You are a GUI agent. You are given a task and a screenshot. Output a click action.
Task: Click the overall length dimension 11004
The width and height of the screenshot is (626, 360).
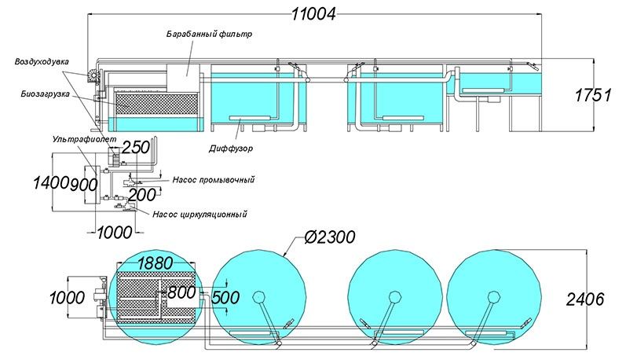[313, 14]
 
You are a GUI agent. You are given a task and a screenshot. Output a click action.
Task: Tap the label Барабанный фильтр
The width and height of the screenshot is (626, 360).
[209, 34]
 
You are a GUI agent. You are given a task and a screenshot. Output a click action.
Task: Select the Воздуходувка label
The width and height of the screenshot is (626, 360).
[42, 62]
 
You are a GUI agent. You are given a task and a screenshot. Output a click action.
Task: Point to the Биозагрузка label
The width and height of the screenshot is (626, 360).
[45, 94]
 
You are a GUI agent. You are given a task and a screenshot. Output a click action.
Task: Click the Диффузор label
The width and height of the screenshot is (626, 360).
[231, 149]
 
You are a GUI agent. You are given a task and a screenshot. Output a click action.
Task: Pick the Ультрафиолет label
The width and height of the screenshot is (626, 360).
[84, 139]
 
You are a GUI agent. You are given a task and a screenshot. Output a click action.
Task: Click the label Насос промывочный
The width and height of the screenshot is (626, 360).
[214, 180]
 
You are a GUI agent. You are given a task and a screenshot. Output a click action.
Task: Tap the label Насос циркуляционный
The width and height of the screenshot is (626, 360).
[200, 214]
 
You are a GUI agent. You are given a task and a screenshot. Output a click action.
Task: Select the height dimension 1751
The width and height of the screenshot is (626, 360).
[593, 95]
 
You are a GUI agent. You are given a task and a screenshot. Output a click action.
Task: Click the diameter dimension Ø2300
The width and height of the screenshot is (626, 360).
[329, 237]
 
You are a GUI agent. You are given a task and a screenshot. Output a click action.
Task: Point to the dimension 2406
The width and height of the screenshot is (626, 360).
[585, 299]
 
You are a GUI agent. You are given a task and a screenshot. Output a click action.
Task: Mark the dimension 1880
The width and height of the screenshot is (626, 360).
[156, 263]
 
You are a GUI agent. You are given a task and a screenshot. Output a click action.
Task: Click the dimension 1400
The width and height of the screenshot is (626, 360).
[51, 183]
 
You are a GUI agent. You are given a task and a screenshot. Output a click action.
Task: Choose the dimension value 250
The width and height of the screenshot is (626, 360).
[136, 148]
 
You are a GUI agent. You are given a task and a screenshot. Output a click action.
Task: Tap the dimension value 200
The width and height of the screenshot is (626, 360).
[142, 195]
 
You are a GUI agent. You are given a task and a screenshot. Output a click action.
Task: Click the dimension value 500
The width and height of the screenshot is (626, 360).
[225, 298]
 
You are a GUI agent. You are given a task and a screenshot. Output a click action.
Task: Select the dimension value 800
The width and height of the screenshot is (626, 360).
[181, 292]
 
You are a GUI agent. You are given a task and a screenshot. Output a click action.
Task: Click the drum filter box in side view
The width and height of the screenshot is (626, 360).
[182, 78]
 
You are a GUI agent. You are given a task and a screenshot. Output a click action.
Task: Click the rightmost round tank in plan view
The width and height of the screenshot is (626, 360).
[494, 297]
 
